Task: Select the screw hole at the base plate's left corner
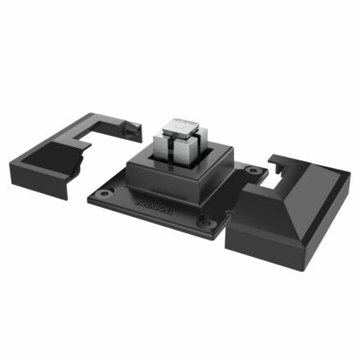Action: (103, 195)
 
